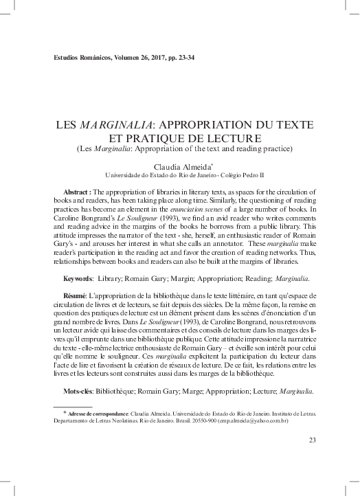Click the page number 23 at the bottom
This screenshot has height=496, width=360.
(x=313, y=440)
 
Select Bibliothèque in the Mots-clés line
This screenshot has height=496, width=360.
(x=129, y=391)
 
